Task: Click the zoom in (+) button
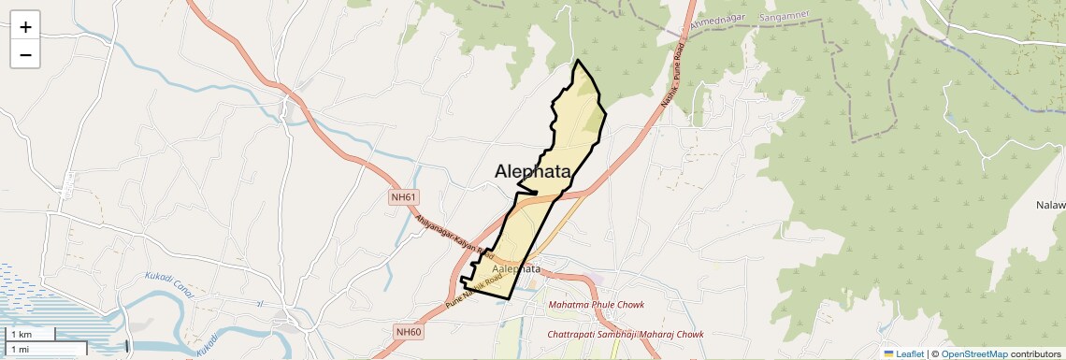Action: pyautogui.click(x=25, y=27)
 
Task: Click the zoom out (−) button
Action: pyautogui.click(x=25, y=55)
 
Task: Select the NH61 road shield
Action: pyautogui.click(x=404, y=197)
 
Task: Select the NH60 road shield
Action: pyautogui.click(x=410, y=332)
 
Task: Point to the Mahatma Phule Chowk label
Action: pyautogui.click(x=598, y=305)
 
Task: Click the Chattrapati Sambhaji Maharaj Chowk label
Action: pyautogui.click(x=625, y=334)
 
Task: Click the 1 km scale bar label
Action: pyautogui.click(x=21, y=334)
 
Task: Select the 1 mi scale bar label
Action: pyautogui.click(x=21, y=348)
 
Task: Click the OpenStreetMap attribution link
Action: pyautogui.click(x=973, y=353)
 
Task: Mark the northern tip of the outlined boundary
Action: pyautogui.click(x=578, y=61)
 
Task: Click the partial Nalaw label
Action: pyautogui.click(x=1049, y=205)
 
